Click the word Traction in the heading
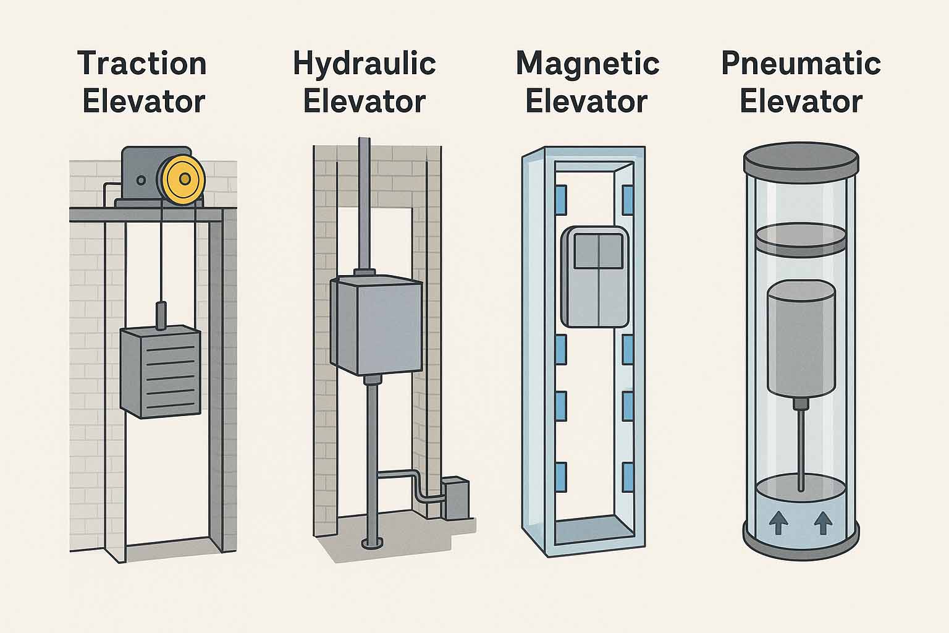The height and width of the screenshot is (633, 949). click(x=143, y=64)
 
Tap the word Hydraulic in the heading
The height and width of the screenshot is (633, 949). click(x=365, y=64)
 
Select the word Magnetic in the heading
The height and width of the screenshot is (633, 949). click(x=588, y=64)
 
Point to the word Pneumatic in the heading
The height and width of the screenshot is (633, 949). click(x=801, y=64)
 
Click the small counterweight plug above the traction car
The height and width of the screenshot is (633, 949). click(x=162, y=314)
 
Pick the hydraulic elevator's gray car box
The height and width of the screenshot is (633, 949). click(x=376, y=326)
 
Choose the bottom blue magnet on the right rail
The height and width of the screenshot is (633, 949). click(x=627, y=477)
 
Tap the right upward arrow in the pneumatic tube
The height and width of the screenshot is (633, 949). click(x=822, y=524)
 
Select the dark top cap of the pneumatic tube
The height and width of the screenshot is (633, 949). click(x=801, y=159)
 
